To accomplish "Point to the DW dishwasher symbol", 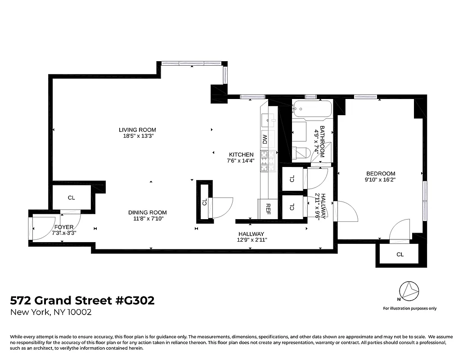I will (x=265, y=139).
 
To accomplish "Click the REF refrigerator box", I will (x=268, y=208).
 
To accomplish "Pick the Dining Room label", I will (x=147, y=213).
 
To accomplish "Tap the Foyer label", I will (x=63, y=227).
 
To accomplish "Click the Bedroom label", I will (x=380, y=174).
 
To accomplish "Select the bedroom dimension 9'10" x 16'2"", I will (x=380, y=180).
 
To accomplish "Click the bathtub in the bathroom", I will (x=312, y=109).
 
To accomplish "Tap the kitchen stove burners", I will (x=265, y=161).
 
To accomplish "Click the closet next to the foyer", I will (x=71, y=198).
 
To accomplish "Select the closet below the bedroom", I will (x=400, y=255).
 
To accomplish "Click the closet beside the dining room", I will (x=204, y=202).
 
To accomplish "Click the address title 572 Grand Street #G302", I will (x=82, y=300).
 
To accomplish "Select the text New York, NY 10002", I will (x=51, y=312).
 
